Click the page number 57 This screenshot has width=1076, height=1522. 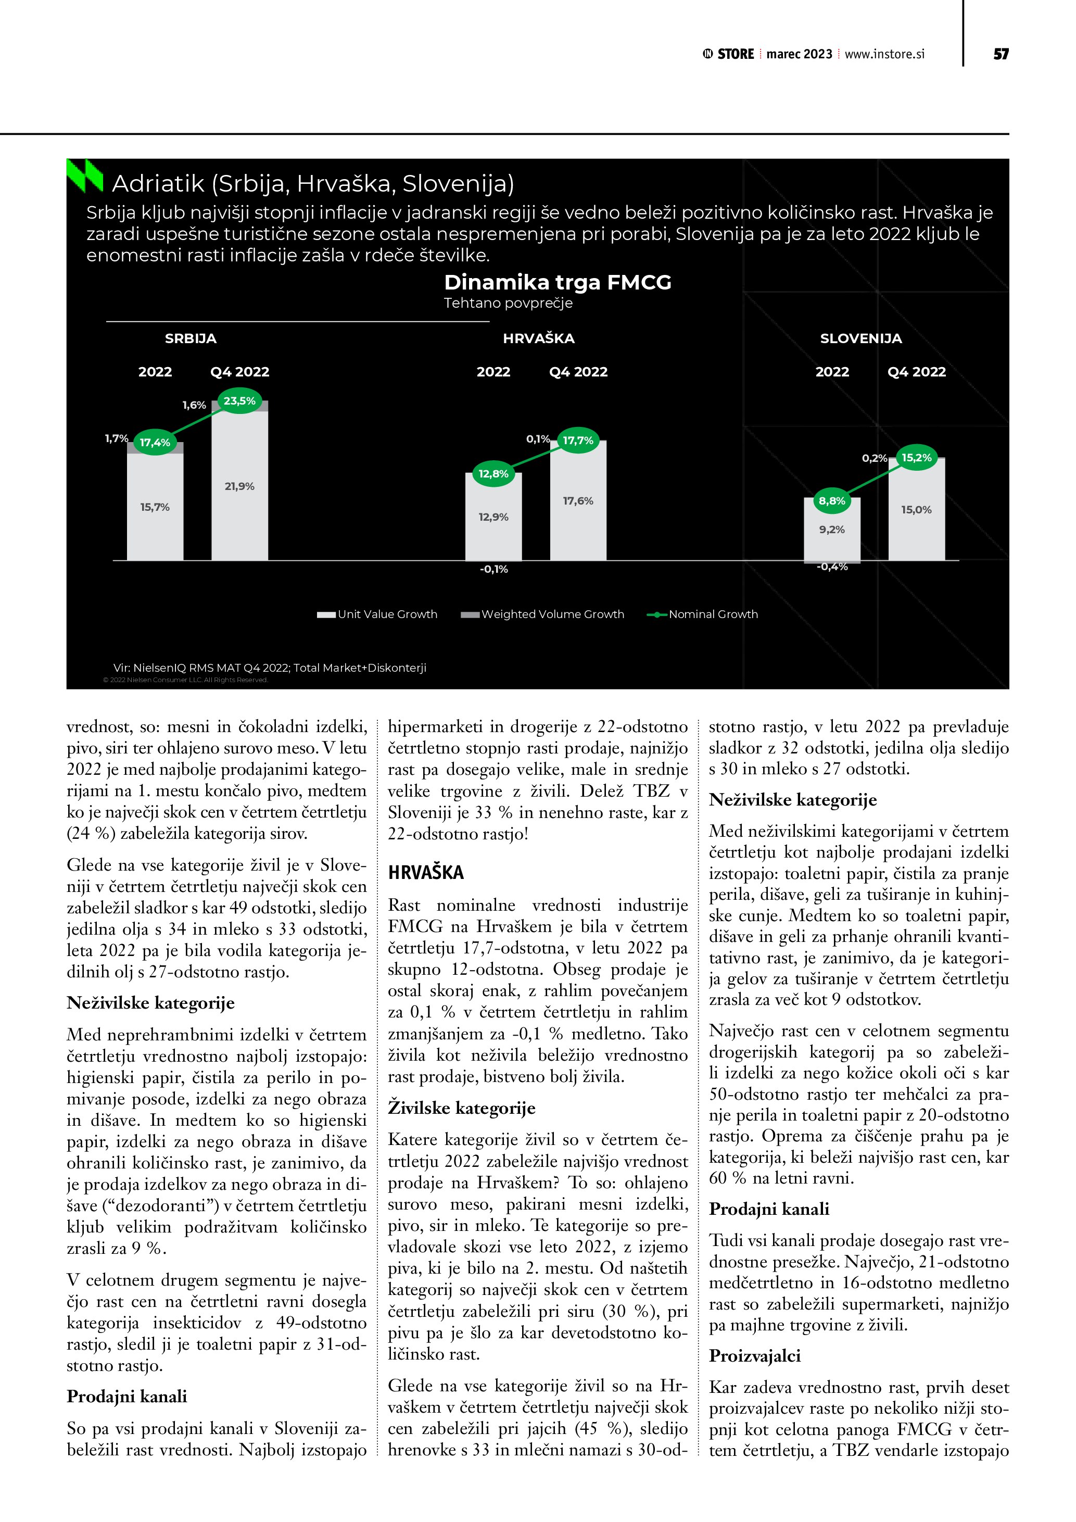pos(1001,54)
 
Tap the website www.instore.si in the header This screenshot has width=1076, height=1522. pos(884,54)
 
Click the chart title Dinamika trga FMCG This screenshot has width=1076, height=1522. pos(557,282)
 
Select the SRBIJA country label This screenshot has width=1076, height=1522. pos(191,339)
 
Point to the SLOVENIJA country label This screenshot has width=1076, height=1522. pos(860,339)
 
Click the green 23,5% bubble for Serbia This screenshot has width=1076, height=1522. pos(239,401)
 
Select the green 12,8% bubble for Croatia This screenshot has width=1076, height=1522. pos(493,474)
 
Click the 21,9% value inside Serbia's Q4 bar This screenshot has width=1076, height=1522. pos(239,486)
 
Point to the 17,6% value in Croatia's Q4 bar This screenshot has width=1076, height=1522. pos(578,501)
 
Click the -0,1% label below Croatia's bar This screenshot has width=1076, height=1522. pos(493,570)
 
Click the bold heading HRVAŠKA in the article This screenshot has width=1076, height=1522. pos(426,872)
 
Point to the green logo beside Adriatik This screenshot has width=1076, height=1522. pos(85,177)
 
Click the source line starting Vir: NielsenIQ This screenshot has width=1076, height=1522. pos(270,668)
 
